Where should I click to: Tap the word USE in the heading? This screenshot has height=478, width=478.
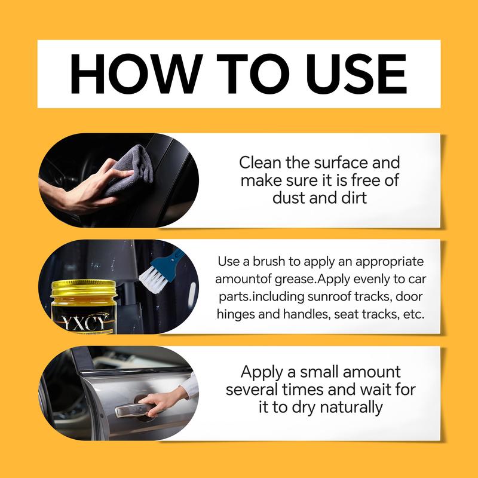(356, 73)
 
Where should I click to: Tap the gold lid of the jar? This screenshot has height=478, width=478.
(84, 288)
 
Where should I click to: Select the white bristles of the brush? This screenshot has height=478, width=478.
(152, 278)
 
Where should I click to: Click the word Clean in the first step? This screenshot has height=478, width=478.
(260, 163)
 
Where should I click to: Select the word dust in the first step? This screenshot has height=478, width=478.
(289, 198)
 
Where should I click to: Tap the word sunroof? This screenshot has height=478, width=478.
(325, 296)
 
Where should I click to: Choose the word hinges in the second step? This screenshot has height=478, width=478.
(235, 314)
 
